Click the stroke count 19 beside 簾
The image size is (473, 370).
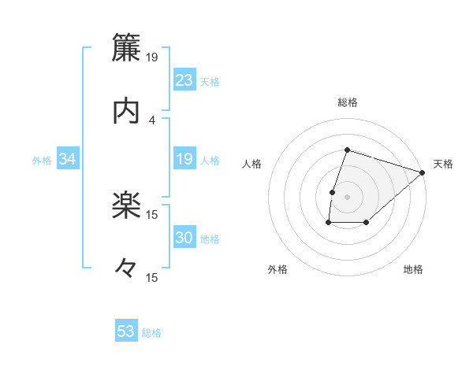pos(152,57)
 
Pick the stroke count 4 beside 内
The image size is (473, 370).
pos(152,120)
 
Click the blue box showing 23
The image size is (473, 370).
pos(184,80)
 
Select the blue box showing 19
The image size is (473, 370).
pos(184,160)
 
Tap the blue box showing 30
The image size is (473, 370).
pos(184,239)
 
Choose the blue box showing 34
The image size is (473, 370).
pos(68,160)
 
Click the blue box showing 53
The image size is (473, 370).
pos(126,331)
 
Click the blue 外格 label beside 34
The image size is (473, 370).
pos(42,161)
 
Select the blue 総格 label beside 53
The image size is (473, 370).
pos(151,333)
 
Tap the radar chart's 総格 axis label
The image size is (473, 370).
pos(348,102)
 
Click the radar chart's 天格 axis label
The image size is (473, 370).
pos(443,164)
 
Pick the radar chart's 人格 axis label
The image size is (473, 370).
pos(252,164)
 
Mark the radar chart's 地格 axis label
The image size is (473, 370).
pos(413,269)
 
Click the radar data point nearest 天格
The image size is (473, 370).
pos(423,173)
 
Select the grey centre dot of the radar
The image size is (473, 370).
pos(348,196)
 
